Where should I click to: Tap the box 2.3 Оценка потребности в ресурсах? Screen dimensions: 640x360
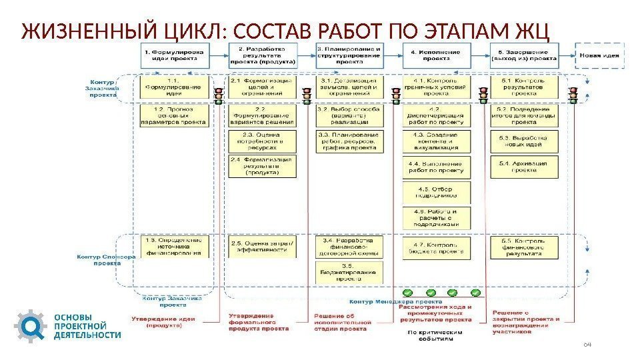tap(262, 140)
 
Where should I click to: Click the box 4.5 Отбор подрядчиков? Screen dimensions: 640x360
tap(437, 191)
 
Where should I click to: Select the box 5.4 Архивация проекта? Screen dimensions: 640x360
tap(523, 165)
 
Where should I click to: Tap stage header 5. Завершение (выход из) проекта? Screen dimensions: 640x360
tap(524, 54)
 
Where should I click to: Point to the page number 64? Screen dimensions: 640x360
tap(587, 344)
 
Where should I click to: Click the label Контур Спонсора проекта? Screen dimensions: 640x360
tap(107, 259)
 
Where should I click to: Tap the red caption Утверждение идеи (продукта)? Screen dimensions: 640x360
tap(163, 322)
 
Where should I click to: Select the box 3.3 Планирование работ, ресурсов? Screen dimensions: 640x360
tap(350, 140)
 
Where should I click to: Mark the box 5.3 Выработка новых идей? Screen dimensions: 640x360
tap(523, 140)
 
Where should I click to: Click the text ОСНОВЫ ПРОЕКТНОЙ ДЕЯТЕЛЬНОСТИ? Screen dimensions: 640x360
tap(87, 326)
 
